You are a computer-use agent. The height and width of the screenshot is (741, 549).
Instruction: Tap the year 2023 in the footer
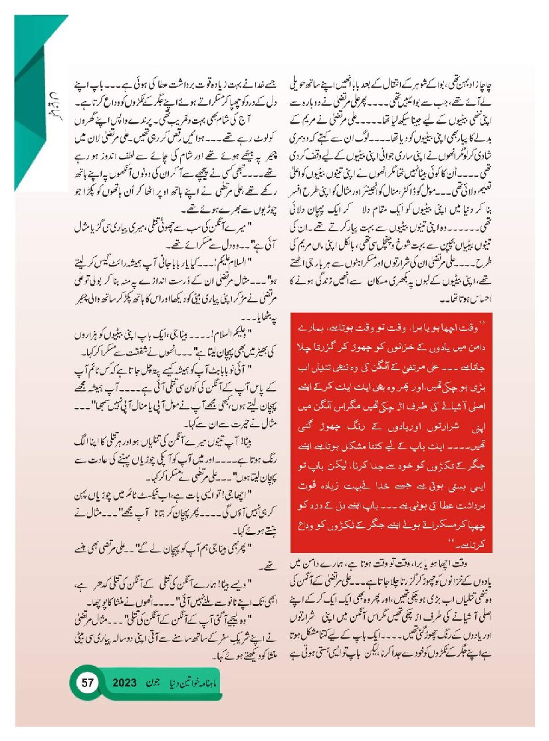[124, 683]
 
